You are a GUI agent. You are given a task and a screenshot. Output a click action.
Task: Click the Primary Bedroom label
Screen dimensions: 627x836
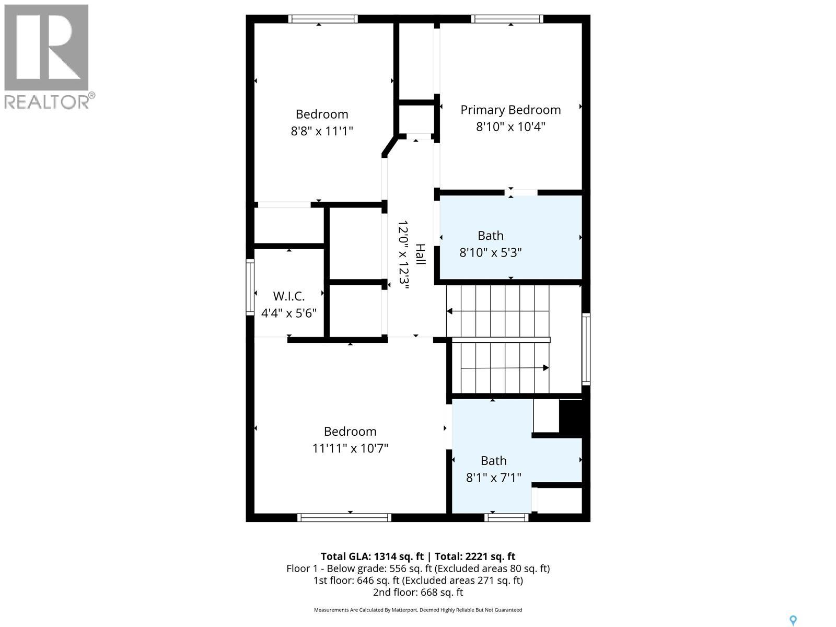click(x=510, y=110)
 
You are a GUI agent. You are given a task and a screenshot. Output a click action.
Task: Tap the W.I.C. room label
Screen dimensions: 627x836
click(x=289, y=296)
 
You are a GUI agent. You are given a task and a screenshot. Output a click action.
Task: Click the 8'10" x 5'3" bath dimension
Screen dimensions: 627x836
click(x=491, y=253)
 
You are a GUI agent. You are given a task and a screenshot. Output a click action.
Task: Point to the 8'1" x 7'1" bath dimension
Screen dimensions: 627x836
click(x=493, y=478)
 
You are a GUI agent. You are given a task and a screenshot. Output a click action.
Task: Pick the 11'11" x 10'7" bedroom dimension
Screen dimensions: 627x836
click(x=350, y=448)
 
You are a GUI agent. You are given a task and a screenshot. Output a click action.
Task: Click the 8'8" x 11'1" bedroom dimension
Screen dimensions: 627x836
click(x=322, y=131)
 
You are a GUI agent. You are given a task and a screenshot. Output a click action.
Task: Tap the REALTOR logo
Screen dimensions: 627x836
click(x=48, y=57)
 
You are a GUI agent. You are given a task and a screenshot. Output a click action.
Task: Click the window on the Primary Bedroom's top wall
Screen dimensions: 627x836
click(x=507, y=19)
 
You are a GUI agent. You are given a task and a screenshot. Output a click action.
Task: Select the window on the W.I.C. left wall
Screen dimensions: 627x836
click(x=250, y=288)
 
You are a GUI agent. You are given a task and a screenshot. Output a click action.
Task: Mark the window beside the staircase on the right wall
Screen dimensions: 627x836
click(x=586, y=349)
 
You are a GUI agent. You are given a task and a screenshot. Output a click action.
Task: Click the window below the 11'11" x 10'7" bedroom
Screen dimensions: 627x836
click(x=344, y=518)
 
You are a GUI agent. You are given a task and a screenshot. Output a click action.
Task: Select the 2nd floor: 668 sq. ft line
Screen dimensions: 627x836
click(x=417, y=593)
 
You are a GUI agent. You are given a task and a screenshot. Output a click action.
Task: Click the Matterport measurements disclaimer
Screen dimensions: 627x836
click(x=417, y=610)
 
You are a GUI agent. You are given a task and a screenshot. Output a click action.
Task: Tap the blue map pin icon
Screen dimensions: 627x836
click(x=793, y=620)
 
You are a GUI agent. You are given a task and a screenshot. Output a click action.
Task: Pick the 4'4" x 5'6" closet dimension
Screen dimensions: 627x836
click(x=289, y=313)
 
